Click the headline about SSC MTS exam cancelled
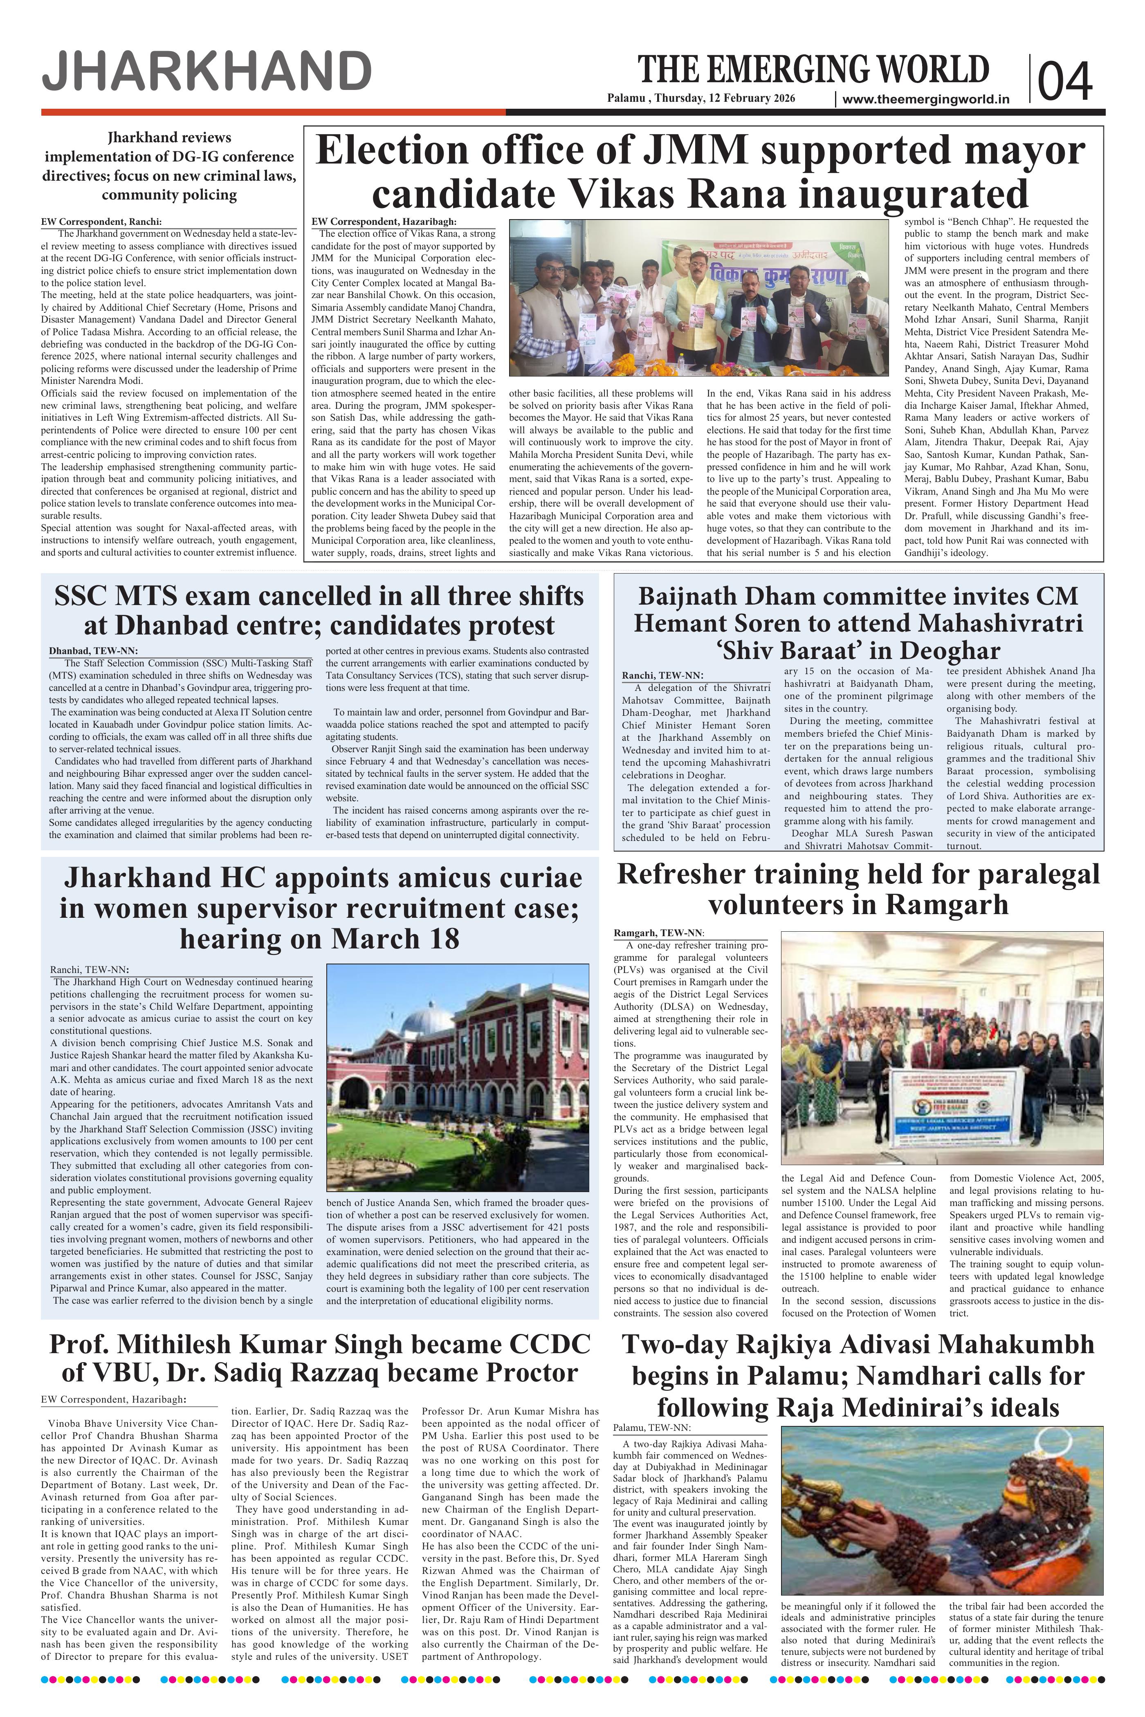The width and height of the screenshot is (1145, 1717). [x=319, y=610]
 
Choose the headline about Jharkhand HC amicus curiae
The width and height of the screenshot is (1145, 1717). [x=319, y=908]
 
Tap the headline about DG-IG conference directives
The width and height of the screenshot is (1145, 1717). [x=169, y=166]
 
